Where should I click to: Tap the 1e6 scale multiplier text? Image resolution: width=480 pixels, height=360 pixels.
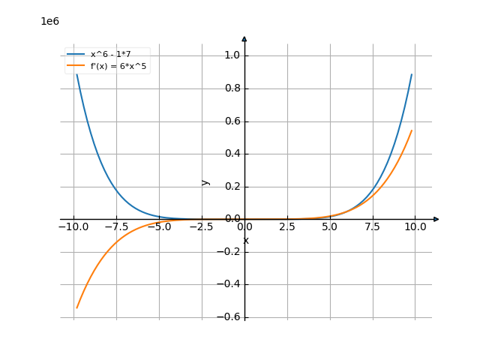(49, 21)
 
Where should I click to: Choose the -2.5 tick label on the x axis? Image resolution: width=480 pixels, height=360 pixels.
(202, 226)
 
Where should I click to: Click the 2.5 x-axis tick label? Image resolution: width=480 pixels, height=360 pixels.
(287, 226)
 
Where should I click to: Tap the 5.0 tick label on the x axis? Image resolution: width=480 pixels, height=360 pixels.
(330, 226)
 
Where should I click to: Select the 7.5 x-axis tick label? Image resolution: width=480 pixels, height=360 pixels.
(373, 226)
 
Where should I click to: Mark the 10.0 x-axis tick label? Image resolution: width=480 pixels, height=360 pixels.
(415, 226)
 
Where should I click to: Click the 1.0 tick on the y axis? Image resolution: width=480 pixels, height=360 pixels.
(232, 55)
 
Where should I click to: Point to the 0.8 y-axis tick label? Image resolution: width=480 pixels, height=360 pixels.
(232, 88)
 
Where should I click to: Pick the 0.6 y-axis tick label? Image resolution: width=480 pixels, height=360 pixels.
(232, 121)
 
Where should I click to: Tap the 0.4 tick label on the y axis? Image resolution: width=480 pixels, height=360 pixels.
(232, 154)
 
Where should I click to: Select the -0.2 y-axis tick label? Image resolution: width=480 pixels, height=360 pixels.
(230, 252)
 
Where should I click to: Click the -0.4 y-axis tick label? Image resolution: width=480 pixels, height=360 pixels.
(230, 284)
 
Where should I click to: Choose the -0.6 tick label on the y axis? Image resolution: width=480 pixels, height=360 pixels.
(230, 317)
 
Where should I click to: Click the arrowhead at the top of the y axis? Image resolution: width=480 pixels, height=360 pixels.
(244, 38)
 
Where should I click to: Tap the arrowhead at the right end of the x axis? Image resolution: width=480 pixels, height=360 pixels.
(436, 219)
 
